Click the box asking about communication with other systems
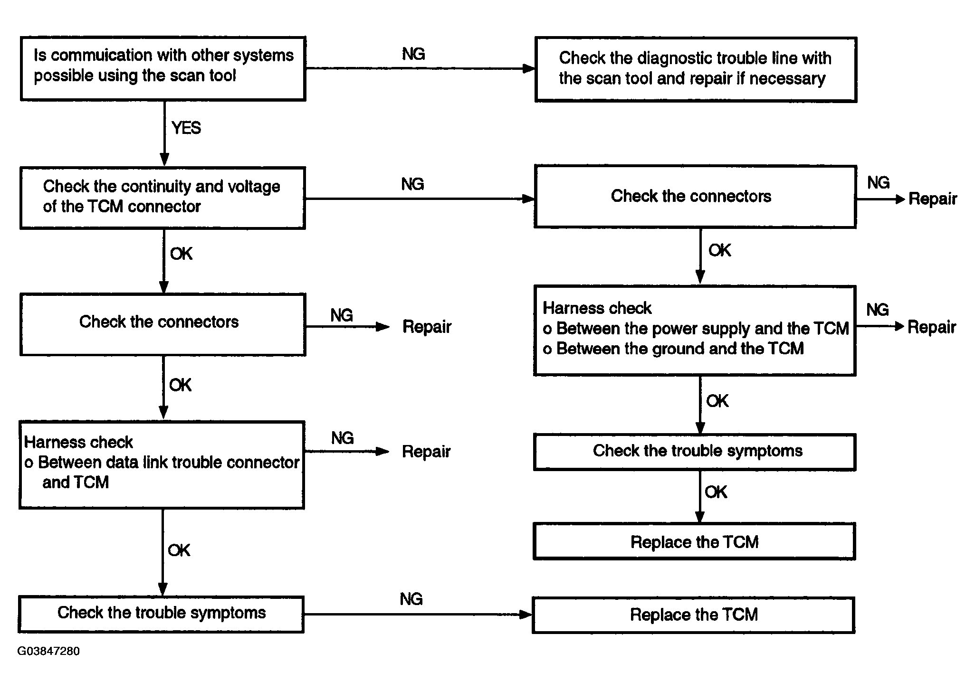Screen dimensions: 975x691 163,68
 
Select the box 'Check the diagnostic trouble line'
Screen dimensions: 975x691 696,69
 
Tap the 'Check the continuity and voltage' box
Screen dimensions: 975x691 162,198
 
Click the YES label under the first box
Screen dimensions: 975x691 186,128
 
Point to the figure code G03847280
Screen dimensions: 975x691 48,651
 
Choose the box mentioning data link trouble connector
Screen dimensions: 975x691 162,465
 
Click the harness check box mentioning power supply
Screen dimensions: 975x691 695,331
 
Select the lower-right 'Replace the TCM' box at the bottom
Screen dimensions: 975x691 694,615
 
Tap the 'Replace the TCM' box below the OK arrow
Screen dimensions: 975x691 694,541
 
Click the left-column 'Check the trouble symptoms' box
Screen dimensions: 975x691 161,615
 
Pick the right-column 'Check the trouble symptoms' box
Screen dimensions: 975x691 695,452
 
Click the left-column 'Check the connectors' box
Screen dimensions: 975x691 162,324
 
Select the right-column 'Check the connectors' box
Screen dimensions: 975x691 695,197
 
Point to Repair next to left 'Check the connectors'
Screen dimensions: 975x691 427,327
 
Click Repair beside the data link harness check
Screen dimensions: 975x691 426,452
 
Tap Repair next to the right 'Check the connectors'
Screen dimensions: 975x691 933,199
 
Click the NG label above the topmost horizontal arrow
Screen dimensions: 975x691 413,54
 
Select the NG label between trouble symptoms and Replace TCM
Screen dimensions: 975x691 411,599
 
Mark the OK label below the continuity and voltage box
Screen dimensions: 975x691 182,254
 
